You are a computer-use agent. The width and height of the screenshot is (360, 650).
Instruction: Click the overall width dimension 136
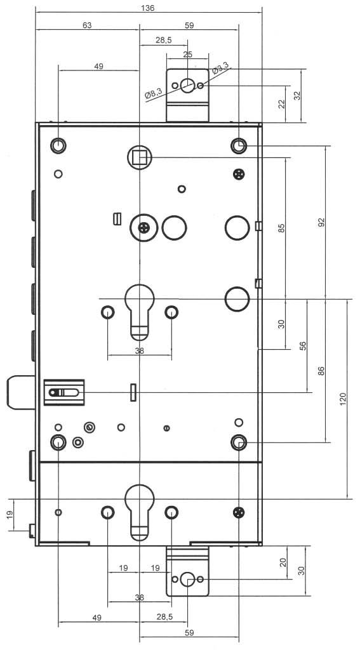tap(148, 8)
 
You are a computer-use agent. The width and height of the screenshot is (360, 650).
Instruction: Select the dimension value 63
tap(87, 25)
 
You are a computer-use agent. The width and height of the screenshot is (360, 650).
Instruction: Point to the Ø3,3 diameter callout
tap(220, 68)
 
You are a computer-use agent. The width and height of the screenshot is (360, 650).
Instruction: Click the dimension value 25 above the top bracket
tap(187, 55)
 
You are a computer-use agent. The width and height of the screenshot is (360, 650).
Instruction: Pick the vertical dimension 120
tap(343, 399)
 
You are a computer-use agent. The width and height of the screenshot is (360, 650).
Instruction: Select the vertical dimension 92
tap(321, 222)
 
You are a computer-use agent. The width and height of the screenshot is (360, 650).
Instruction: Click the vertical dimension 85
tap(282, 228)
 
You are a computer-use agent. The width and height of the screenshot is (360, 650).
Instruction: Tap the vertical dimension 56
tap(303, 346)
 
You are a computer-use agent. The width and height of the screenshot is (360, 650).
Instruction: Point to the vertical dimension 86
tap(321, 371)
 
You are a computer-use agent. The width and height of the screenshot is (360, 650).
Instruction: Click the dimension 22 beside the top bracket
tap(282, 104)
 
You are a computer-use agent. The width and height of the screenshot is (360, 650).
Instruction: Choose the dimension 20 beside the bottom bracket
tap(283, 562)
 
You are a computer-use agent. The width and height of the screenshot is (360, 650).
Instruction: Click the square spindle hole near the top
tap(140, 157)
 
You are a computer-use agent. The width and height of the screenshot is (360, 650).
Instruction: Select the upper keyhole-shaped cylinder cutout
tap(140, 312)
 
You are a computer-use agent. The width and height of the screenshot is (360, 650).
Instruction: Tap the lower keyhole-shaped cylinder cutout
tap(140, 512)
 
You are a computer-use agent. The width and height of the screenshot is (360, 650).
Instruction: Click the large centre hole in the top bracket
tap(187, 86)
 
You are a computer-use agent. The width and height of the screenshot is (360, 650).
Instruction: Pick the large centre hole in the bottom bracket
tap(187, 580)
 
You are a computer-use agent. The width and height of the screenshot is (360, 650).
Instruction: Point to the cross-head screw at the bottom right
tap(239, 512)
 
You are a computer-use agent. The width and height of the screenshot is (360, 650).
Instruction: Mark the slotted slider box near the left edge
tap(64, 392)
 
